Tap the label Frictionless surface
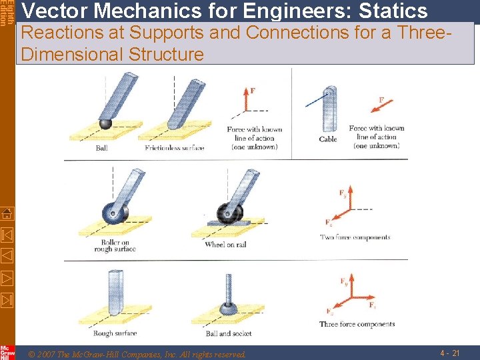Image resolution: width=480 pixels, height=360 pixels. [x=175, y=147]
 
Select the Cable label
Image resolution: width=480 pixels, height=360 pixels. [x=328, y=139]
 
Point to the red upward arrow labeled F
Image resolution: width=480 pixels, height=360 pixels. [x=247, y=100]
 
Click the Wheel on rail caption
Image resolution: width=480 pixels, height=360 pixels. [x=225, y=245]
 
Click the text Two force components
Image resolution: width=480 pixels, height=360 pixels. [x=355, y=237]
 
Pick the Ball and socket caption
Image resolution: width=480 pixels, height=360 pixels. [x=229, y=333]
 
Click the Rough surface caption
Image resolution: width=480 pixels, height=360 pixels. [x=115, y=333]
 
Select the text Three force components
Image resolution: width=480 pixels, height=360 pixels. [x=357, y=325]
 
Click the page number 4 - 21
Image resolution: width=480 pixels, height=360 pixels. [x=450, y=352]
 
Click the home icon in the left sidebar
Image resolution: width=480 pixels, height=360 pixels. [x=7, y=213]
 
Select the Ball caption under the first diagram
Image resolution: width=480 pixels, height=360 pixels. [x=101, y=148]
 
